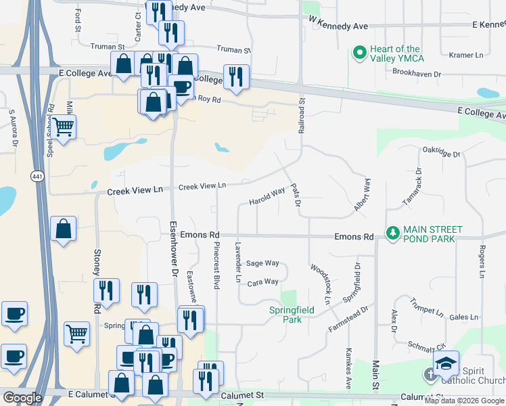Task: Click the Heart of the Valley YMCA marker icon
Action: [x=359, y=52]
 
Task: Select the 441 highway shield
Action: [x=35, y=176]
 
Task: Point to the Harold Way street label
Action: [x=267, y=197]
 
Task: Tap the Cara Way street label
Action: [x=262, y=282]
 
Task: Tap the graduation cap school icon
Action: [x=446, y=363]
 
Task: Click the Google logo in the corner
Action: [x=22, y=398]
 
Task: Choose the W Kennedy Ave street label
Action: [x=338, y=26]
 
